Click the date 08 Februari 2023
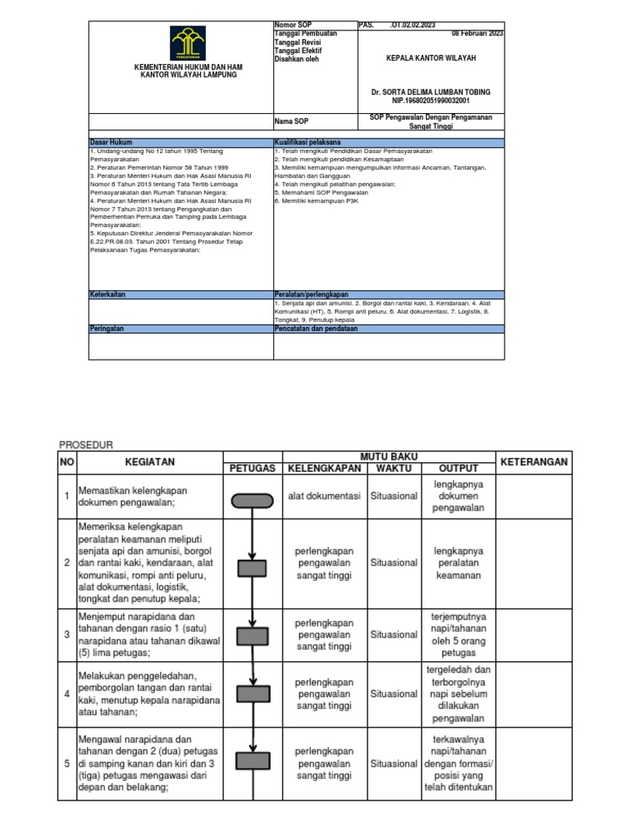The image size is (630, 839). [x=477, y=34]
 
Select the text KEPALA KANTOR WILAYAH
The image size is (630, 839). [x=431, y=59]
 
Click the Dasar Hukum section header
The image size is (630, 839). [x=111, y=142]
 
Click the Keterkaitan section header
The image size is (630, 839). [x=108, y=293]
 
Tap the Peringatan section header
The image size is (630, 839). [x=107, y=327]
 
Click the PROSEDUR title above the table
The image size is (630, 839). [x=85, y=444]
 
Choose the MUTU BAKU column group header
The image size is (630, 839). [x=388, y=456]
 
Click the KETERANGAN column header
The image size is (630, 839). [x=534, y=462]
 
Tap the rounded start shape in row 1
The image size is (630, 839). [x=253, y=500]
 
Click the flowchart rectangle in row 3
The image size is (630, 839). [x=253, y=635]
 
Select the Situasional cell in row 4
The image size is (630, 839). [x=394, y=693]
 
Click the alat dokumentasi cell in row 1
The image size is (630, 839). [x=323, y=496]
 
